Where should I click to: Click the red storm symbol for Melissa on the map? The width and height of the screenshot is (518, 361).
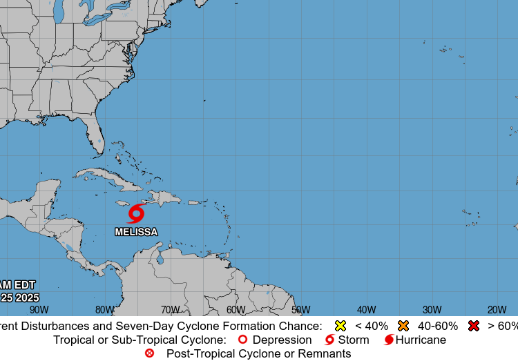[136, 213]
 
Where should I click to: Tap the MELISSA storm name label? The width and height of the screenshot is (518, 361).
[136, 232]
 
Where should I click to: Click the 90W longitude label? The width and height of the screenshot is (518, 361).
[39, 310]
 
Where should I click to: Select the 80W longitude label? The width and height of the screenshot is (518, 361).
[105, 310]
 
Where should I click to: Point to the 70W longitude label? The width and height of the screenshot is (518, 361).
[171, 310]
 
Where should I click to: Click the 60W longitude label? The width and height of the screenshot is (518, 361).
[236, 310]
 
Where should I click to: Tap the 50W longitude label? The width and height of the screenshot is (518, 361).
[301, 310]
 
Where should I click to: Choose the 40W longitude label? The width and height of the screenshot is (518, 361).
[367, 310]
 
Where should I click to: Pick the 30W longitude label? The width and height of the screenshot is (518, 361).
[432, 310]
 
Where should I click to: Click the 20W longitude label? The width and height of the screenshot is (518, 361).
[497, 310]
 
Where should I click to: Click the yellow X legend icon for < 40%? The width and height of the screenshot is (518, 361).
[340, 326]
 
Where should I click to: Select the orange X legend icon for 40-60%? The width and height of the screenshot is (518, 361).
[403, 326]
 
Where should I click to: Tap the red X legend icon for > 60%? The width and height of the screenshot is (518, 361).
[473, 326]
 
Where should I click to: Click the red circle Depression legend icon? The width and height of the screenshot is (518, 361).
[242, 340]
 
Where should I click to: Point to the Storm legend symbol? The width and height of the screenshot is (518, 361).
[329, 340]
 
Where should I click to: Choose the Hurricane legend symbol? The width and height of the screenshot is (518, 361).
[389, 340]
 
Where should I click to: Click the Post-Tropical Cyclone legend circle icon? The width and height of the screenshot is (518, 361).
[149, 353]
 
